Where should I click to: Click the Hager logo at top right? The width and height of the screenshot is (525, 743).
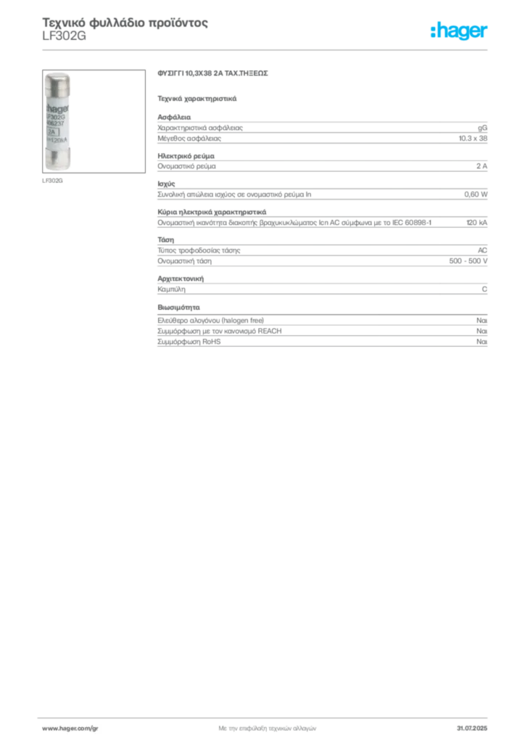(459, 30)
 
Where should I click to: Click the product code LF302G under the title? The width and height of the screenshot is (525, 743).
(64, 36)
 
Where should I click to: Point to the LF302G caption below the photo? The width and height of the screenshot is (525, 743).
(52, 181)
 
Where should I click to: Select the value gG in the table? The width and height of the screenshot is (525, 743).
(482, 128)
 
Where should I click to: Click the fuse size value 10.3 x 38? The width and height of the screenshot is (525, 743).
(473, 139)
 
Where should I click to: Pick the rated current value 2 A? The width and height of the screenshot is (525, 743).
(482, 166)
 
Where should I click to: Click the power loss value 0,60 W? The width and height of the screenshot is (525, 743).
(476, 194)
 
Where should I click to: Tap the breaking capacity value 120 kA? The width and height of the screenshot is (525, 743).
(476, 222)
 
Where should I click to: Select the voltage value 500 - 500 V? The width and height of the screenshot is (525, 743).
(468, 261)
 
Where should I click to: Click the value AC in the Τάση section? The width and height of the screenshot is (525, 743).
(482, 250)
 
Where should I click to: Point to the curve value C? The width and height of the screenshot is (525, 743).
(485, 289)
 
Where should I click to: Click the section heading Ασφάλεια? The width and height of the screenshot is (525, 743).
(174, 117)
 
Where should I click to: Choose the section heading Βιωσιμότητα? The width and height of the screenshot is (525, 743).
(178, 307)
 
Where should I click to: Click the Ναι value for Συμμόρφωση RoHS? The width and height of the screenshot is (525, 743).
(482, 342)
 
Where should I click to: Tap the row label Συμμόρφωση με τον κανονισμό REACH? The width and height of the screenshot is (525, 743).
(220, 331)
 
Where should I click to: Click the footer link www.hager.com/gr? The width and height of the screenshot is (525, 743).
(70, 728)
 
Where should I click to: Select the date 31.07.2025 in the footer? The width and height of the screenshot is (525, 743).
(472, 728)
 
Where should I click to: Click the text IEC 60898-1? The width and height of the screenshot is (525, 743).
(412, 222)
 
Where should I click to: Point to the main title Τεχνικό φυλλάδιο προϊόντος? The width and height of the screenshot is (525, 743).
(125, 22)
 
